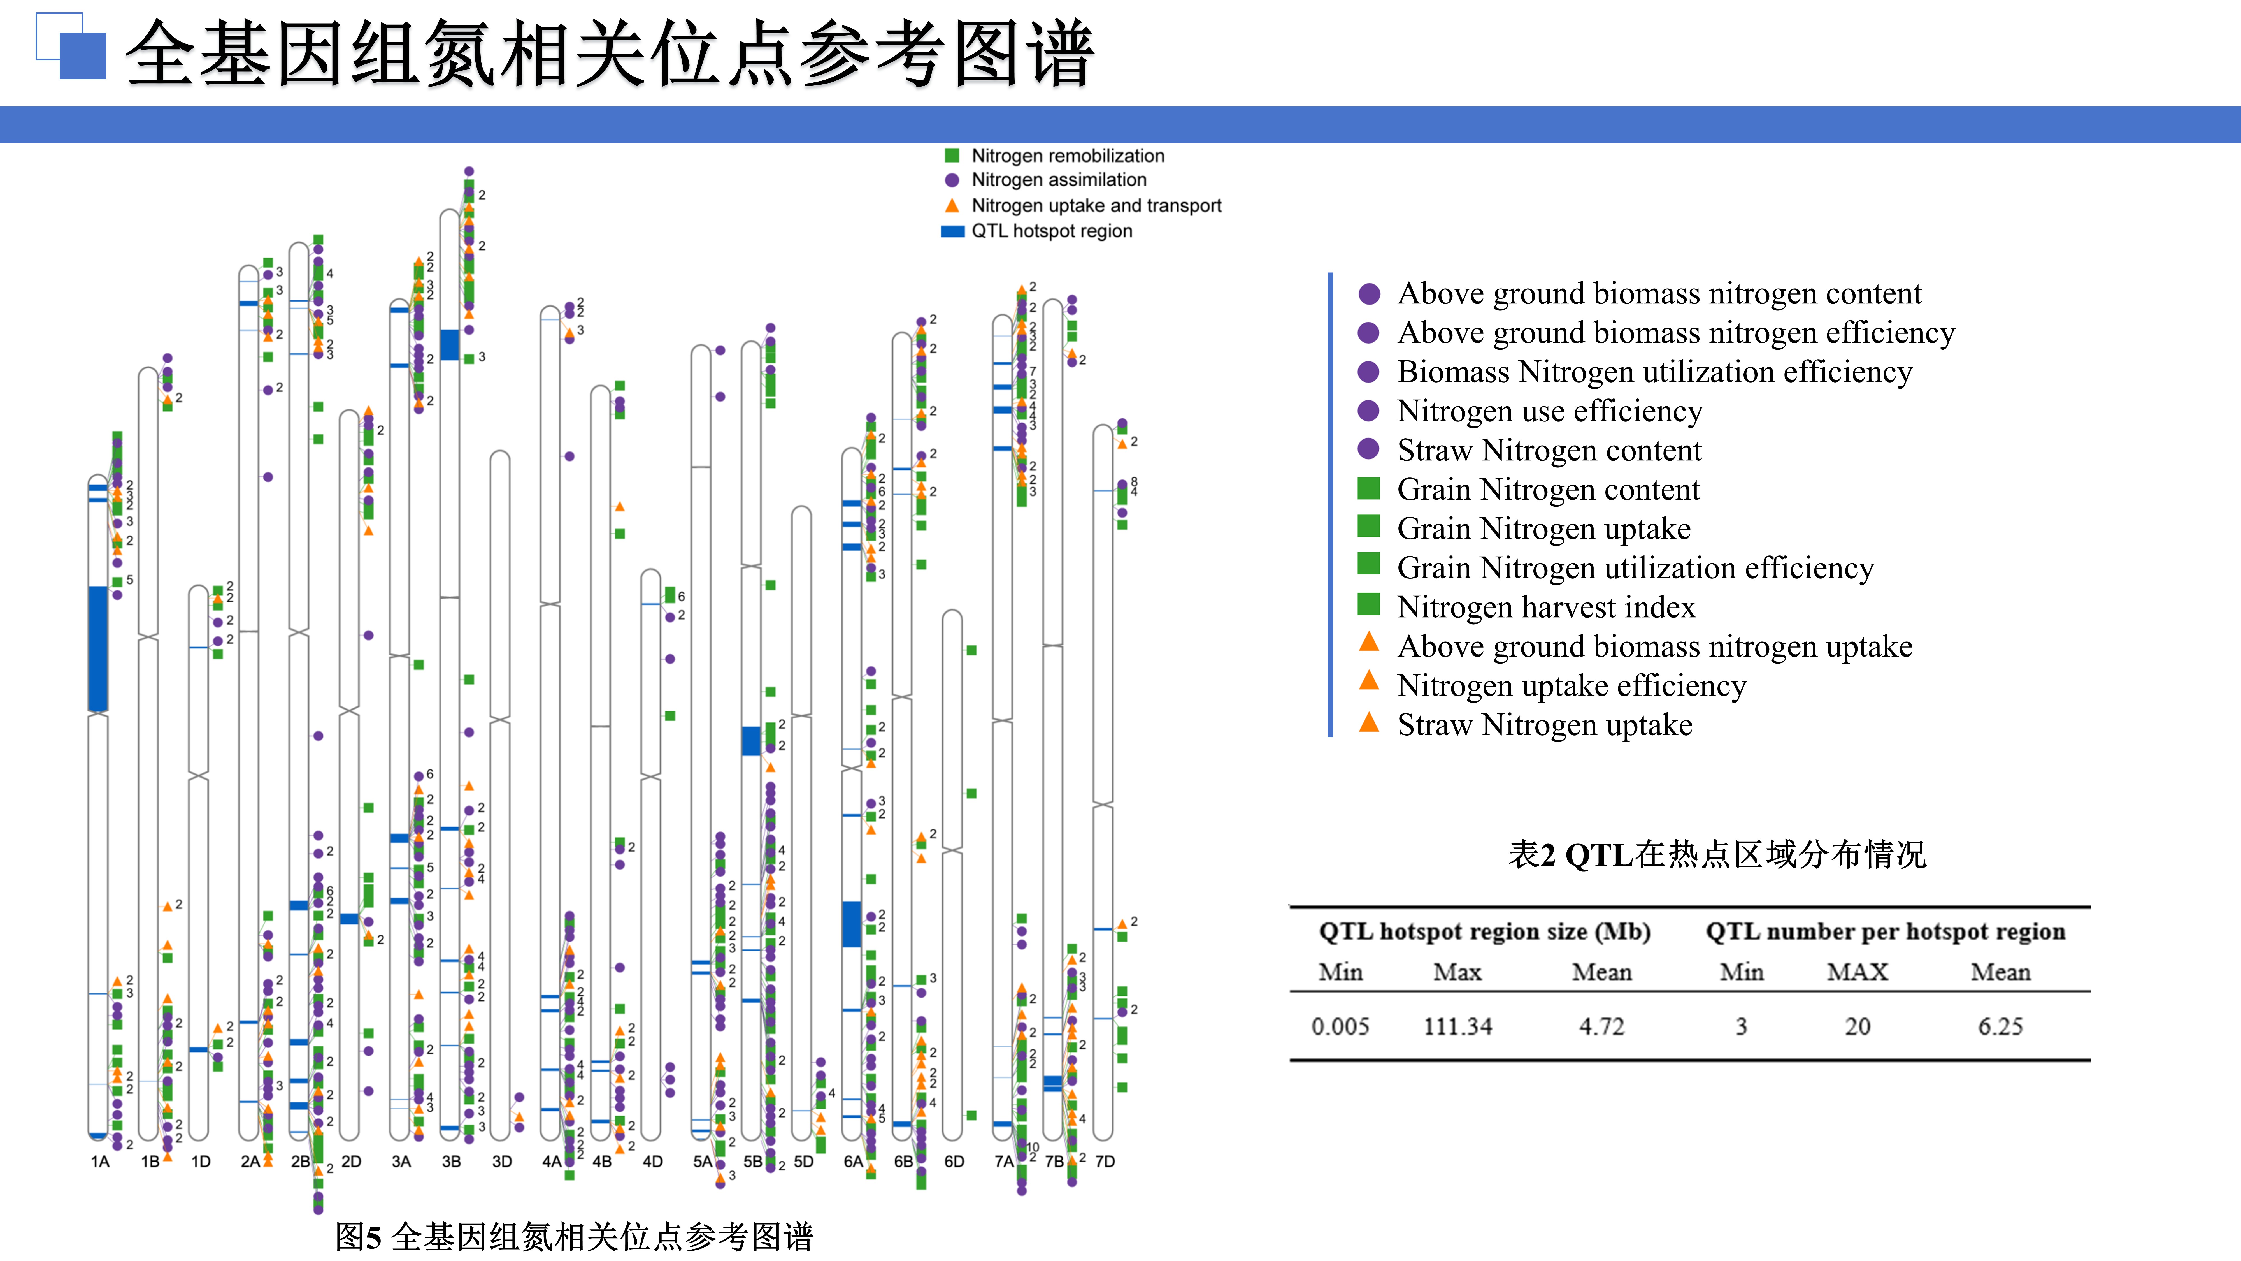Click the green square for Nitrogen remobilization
pyautogui.click(x=952, y=156)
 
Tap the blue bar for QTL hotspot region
pyautogui.click(x=953, y=231)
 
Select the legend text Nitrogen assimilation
pyautogui.click(x=1059, y=179)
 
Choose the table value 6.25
pyautogui.click(x=2000, y=1027)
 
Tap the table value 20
pyautogui.click(x=1857, y=1027)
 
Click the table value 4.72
pyautogui.click(x=1601, y=1027)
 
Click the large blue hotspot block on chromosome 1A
pyautogui.click(x=98, y=648)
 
